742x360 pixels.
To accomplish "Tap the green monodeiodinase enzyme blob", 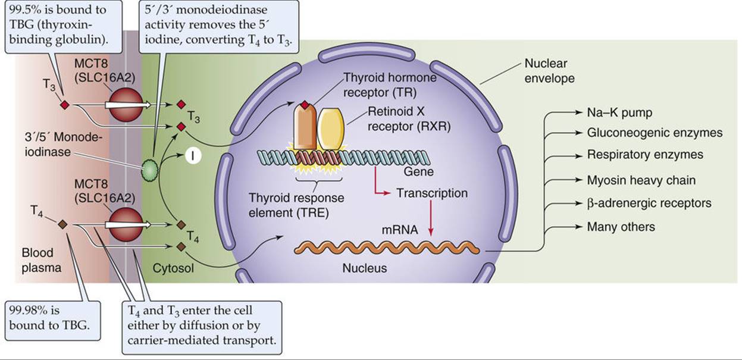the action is coord(151,170).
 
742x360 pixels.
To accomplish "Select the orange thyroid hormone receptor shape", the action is coord(305,127).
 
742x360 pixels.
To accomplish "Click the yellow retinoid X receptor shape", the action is coord(331,129).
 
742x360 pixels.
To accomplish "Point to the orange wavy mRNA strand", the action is coord(387,248).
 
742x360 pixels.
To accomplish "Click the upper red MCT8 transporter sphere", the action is coord(126,105).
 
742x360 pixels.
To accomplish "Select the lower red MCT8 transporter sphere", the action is coord(126,224).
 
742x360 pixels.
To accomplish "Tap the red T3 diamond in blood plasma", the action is coord(65,105).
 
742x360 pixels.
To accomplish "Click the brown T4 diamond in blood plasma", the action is coord(62,224).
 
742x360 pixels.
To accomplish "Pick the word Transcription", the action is coord(432,193).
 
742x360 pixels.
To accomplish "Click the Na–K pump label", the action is coord(619,112).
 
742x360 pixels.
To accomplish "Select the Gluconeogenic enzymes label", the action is coord(655,133).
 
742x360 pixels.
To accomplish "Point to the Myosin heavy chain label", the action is coord(641,180).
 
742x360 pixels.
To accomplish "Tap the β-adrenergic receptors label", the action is coord(649,203).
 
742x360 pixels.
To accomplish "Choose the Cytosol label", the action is coord(173,268).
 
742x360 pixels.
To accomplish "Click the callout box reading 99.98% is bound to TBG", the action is coord(53,321).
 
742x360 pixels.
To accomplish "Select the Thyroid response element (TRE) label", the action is coord(296,205).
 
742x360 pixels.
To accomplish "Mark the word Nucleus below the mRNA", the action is coord(364,268).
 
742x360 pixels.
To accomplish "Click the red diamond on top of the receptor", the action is coord(305,106).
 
